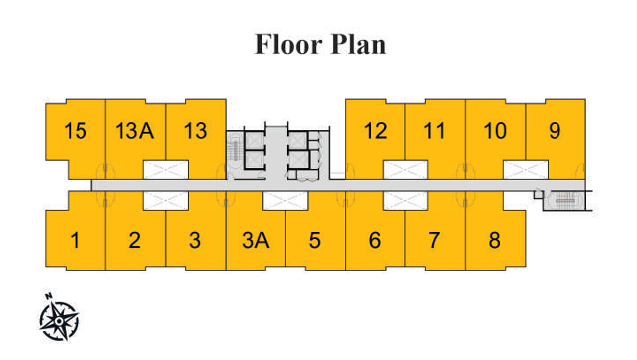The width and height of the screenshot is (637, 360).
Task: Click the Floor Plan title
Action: pyautogui.click(x=320, y=45)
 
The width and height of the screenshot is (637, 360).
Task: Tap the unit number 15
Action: pyautogui.click(x=75, y=130)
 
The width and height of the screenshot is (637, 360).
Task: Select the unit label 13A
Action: pyautogui.click(x=134, y=130)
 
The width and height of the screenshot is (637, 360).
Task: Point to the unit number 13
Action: pyautogui.click(x=195, y=130)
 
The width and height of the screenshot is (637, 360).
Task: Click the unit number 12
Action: pyautogui.click(x=375, y=130)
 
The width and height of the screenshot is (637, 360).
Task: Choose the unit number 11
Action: pyautogui.click(x=434, y=130)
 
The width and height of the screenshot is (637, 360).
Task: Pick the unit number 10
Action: pyautogui.click(x=494, y=130)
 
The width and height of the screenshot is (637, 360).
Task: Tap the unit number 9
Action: pyautogui.click(x=555, y=130)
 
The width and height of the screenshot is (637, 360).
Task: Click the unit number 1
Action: pyautogui.click(x=75, y=240)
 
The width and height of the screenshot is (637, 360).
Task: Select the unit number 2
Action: pyautogui.click(x=134, y=240)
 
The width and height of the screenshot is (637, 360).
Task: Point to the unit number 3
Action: pyautogui.click(x=195, y=240)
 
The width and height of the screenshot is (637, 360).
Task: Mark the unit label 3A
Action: pyautogui.click(x=255, y=240)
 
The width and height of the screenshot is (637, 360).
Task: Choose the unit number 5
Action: pyautogui.click(x=314, y=240)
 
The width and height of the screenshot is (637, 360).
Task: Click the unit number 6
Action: pyautogui.click(x=375, y=240)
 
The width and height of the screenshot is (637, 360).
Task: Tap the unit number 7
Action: pyautogui.click(x=434, y=240)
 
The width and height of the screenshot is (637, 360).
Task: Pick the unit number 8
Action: pyautogui.click(x=494, y=240)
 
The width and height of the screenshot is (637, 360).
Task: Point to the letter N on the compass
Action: pyautogui.click(x=47, y=296)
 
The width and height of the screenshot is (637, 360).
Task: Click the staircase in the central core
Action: pyautogui.click(x=236, y=151)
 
